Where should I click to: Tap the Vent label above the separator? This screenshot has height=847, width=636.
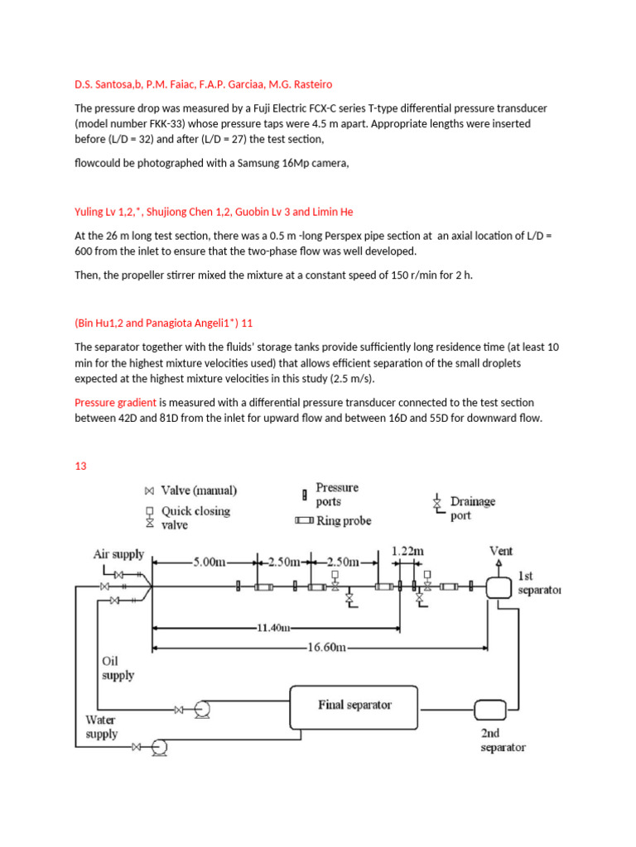click(500, 550)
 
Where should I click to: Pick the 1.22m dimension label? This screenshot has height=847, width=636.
click(408, 548)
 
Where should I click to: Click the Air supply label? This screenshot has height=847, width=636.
click(118, 554)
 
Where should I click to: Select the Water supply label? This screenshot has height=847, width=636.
click(101, 727)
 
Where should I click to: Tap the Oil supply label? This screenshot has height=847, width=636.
click(117, 668)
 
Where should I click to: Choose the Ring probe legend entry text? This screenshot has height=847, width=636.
click(344, 521)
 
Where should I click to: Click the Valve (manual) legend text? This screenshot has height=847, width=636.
click(199, 490)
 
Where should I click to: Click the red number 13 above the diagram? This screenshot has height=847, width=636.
click(81, 466)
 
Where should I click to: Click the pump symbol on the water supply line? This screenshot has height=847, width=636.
click(159, 747)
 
